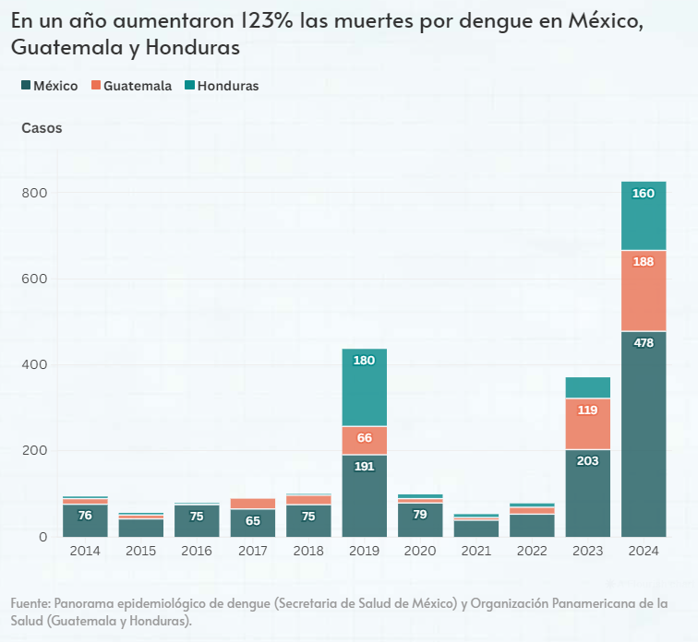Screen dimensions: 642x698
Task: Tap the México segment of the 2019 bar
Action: click(364, 495)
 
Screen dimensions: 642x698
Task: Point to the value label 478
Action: click(644, 343)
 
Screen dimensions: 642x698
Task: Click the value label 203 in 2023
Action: click(587, 461)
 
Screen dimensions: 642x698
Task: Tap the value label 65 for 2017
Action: click(252, 521)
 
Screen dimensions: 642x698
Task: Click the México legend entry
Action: click(49, 86)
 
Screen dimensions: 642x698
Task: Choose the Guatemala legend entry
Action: click(131, 86)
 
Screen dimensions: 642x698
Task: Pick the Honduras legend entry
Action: click(222, 86)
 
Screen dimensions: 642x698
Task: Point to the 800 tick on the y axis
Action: click(35, 193)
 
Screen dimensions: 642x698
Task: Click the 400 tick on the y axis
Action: click(35, 364)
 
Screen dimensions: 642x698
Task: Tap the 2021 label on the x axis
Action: click(475, 551)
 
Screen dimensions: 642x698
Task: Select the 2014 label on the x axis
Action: click(85, 551)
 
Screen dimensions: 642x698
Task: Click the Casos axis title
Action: click(42, 128)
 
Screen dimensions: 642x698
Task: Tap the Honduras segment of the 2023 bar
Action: click(587, 387)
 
